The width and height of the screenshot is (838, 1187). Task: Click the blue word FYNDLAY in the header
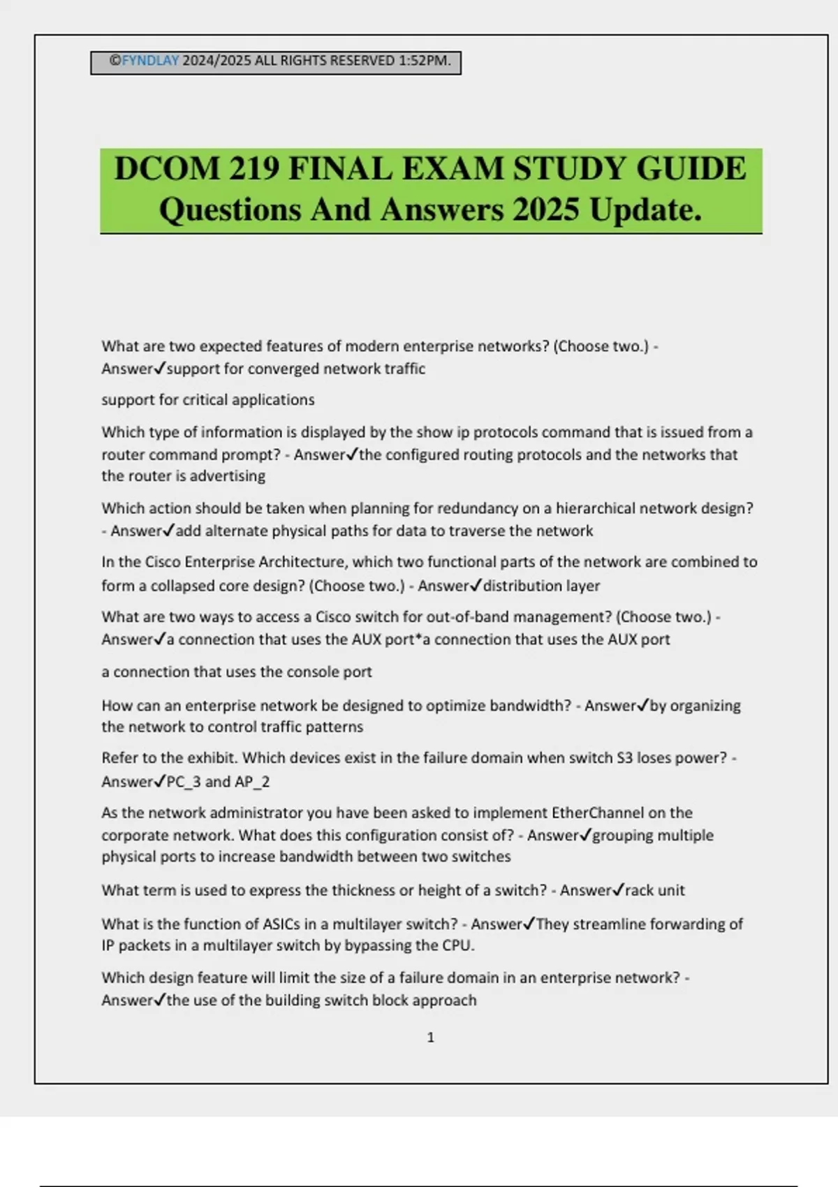(150, 61)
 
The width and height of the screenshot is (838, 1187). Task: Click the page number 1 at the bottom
(430, 1038)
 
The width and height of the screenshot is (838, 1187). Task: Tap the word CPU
(457, 945)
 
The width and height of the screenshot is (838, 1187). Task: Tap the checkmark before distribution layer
(476, 585)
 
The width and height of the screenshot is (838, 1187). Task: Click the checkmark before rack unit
(617, 890)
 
